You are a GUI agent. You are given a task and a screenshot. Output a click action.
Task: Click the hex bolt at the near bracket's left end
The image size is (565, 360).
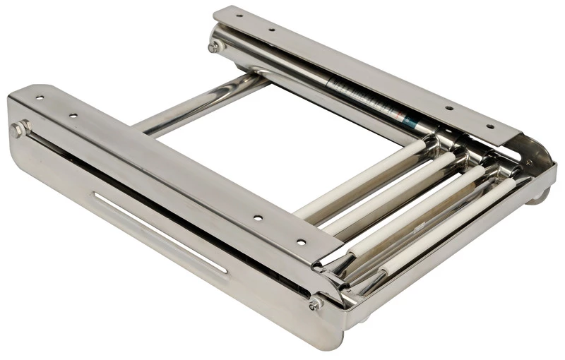pyautogui.click(x=19, y=129)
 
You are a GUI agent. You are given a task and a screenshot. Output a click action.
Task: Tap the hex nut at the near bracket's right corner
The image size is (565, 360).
pyautogui.click(x=315, y=304)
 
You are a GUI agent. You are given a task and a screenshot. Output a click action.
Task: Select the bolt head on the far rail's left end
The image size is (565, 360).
pyautogui.click(x=215, y=46)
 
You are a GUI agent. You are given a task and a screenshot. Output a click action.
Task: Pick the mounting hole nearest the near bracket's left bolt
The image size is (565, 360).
pyautogui.click(x=40, y=98)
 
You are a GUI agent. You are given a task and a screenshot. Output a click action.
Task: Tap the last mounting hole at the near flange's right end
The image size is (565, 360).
pyautogui.click(x=302, y=241)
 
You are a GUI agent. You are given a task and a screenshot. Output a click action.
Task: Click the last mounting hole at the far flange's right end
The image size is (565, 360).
pyautogui.click(x=489, y=128)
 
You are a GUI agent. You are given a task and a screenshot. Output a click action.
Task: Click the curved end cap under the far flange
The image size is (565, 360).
pyautogui.click(x=537, y=159)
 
